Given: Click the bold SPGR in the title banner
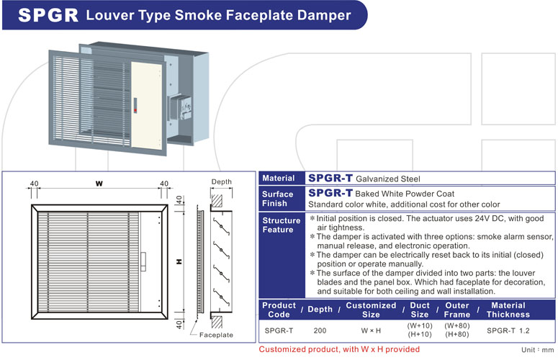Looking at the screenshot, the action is (x=48, y=15).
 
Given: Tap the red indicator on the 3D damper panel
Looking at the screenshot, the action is (x=135, y=111).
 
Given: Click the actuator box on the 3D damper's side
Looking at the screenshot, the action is (x=180, y=107).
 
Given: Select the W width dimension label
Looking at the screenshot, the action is (x=99, y=184).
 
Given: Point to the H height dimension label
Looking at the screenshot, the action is (x=179, y=262).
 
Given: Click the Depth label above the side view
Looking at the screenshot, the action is (x=221, y=181).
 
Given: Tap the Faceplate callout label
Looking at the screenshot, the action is (x=216, y=335).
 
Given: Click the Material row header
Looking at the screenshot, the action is (x=279, y=179).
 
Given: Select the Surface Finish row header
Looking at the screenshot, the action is (x=278, y=199).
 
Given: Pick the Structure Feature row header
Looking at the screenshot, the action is (x=281, y=225).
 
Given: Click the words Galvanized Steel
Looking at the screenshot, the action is (x=388, y=179).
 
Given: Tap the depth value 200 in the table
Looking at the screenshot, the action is (x=320, y=330).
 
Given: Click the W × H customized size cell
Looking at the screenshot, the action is (x=371, y=330).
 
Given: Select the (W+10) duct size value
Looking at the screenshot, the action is (x=420, y=326).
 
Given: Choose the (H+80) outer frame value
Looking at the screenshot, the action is (x=457, y=334).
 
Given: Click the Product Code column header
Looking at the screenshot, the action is (x=279, y=310).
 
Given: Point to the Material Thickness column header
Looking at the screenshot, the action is (x=508, y=310).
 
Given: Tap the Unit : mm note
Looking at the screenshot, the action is (x=538, y=350).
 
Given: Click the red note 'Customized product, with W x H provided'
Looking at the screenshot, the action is (x=339, y=349).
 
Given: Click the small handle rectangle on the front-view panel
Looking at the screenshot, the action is (x=143, y=262).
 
